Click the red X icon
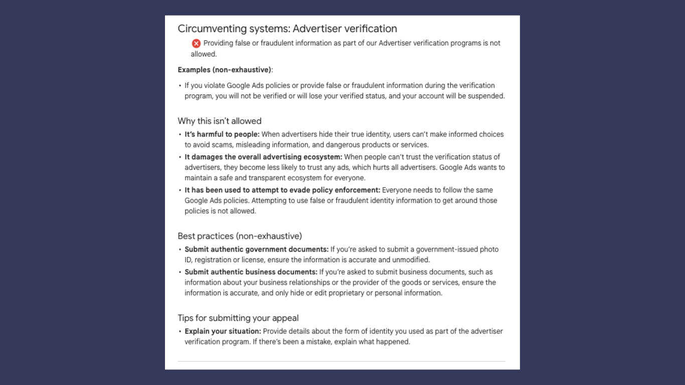click(x=196, y=44)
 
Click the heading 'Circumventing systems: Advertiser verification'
click(x=287, y=29)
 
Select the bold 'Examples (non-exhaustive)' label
click(x=224, y=70)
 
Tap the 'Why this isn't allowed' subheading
click(x=220, y=121)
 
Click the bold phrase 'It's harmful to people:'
click(x=222, y=134)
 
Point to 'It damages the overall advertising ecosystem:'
click(x=263, y=157)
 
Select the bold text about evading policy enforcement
click(x=282, y=190)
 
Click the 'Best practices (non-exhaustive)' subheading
click(x=240, y=236)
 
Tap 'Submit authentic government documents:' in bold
click(x=257, y=249)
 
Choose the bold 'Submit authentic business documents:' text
click(x=251, y=272)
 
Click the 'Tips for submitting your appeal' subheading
click(x=238, y=318)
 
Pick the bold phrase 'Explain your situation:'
click(x=223, y=331)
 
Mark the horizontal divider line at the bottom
click(x=341, y=361)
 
